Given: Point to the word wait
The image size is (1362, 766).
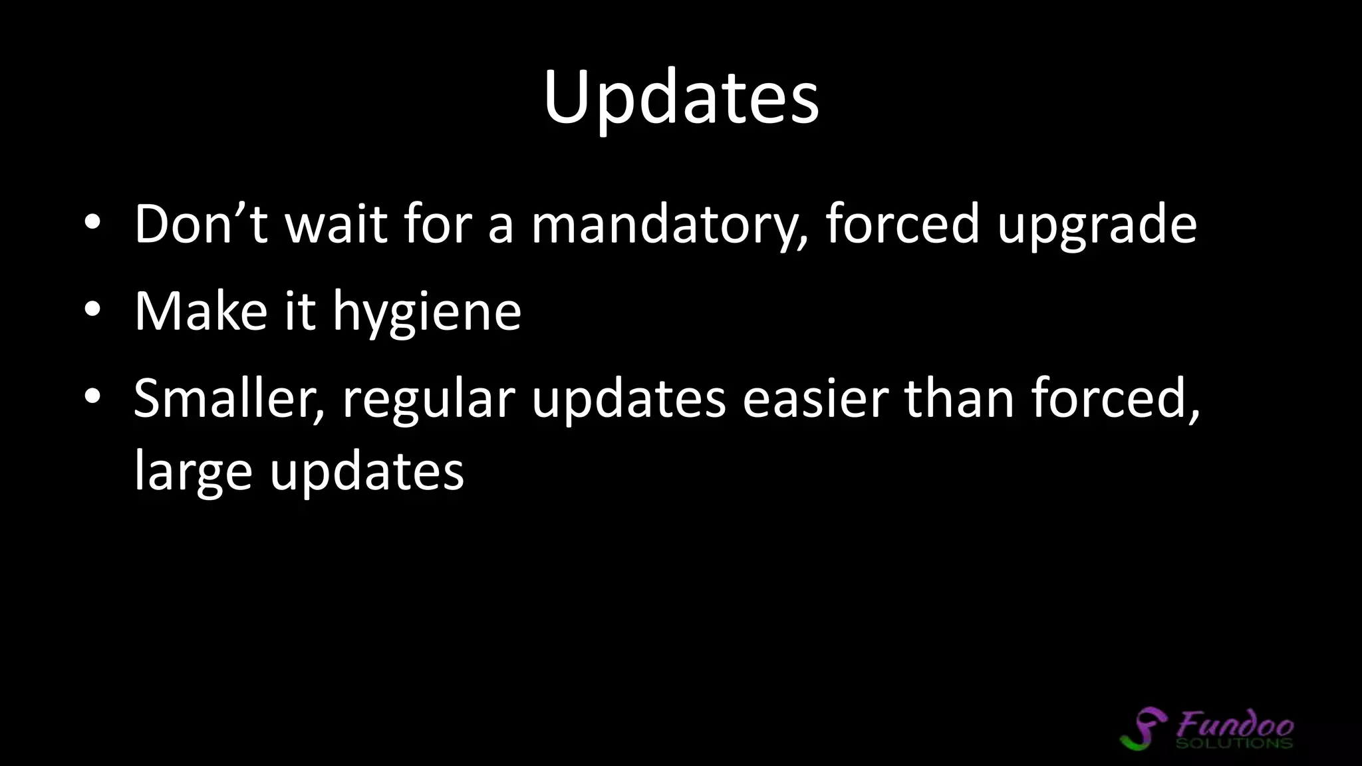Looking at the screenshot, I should pyautogui.click(x=336, y=224).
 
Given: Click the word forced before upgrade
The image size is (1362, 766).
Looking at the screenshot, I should pyautogui.click(x=902, y=224).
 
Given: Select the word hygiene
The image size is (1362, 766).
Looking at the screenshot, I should pyautogui.click(x=427, y=313).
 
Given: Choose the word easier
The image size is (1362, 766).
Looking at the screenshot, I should pyautogui.click(x=815, y=399).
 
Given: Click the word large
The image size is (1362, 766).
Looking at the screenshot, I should pyautogui.click(x=193, y=473).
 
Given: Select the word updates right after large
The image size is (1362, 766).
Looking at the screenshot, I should pyautogui.click(x=366, y=473).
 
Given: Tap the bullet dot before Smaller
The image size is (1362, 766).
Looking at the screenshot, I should pyautogui.click(x=92, y=397).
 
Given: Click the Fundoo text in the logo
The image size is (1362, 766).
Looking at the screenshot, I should pyautogui.click(x=1234, y=723).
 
